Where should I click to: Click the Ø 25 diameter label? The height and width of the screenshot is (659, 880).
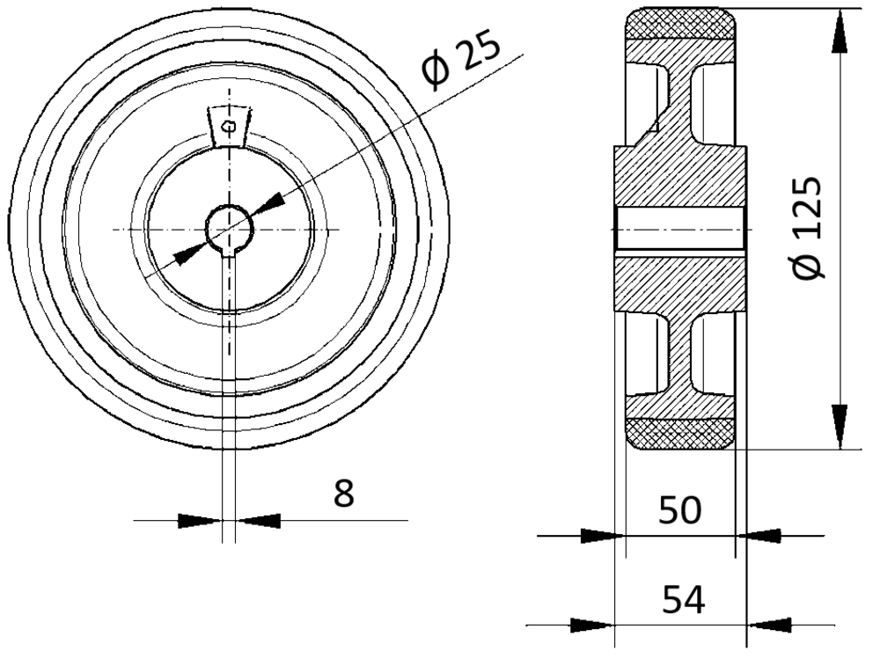[x=459, y=60]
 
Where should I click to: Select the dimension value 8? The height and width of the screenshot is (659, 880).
[x=343, y=493]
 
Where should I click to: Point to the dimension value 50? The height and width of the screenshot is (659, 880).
[x=679, y=509]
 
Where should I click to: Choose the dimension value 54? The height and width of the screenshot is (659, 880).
[x=683, y=599]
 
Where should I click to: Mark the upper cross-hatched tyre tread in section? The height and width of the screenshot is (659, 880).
[x=680, y=24]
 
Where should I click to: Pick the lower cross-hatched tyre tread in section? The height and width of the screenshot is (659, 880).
[x=680, y=434]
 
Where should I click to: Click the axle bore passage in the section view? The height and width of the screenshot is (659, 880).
[x=680, y=229]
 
